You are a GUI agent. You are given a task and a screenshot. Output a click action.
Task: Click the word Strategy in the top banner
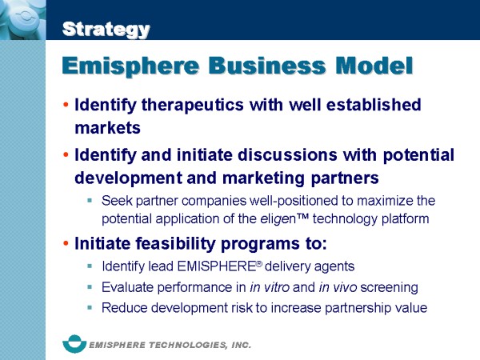[x=106, y=30]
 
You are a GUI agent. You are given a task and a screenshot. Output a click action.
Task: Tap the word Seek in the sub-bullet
[x=117, y=200]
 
